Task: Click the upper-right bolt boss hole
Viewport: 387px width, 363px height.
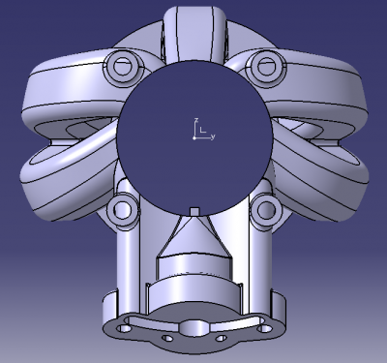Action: tap(262, 67)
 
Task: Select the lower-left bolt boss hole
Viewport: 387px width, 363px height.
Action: tap(124, 207)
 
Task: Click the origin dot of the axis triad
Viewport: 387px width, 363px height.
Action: tap(193, 137)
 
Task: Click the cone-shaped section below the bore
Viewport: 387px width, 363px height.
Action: tap(193, 237)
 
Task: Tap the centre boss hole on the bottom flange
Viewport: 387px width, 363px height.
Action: tap(193, 329)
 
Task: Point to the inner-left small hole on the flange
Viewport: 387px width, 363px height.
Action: tap(166, 340)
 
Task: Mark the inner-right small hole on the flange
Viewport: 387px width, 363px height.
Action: tap(221, 340)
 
